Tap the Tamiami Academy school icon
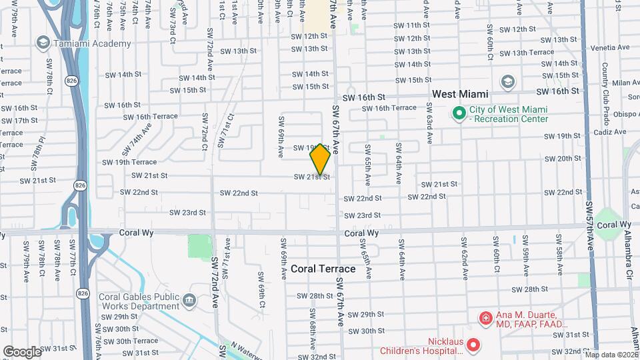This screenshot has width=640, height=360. (43, 43)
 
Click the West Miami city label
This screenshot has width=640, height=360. (460, 95)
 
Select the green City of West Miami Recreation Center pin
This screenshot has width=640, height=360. (458, 114)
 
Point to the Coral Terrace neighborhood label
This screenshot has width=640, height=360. (323, 269)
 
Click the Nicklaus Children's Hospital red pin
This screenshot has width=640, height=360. (473, 345)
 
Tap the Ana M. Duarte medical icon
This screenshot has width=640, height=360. (486, 319)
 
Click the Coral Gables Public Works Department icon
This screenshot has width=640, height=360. (189, 301)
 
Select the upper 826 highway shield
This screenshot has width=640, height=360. (71, 81)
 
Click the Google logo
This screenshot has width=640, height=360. (22, 351)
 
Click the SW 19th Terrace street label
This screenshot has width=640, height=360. (130, 162)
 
